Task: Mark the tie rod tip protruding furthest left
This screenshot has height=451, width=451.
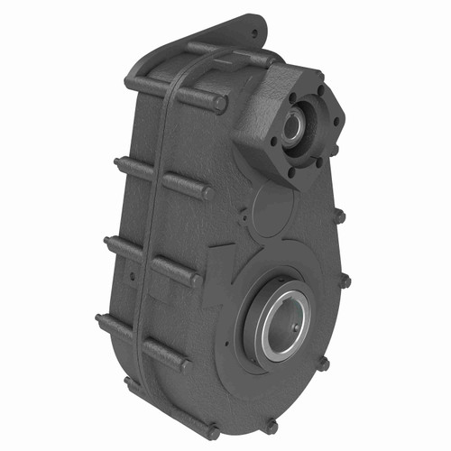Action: point(99,319)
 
